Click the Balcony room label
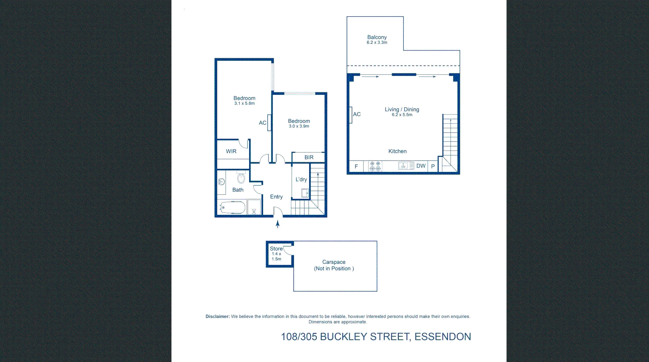pyautogui.click(x=377, y=37)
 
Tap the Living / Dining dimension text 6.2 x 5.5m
pyautogui.click(x=402, y=115)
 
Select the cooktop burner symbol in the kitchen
pyautogui.click(x=375, y=166)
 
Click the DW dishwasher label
pyautogui.click(x=421, y=166)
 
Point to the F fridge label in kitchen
pyautogui.click(x=356, y=166)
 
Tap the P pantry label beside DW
pyautogui.click(x=433, y=166)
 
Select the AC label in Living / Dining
pyautogui.click(x=357, y=114)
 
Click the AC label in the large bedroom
pyautogui.click(x=262, y=123)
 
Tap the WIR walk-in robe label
pyautogui.click(x=231, y=151)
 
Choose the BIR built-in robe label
pyautogui.click(x=309, y=157)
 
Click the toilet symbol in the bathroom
pyautogui.click(x=241, y=178)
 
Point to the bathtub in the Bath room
pyautogui.click(x=233, y=208)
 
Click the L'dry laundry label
pyautogui.click(x=301, y=180)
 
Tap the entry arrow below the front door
pyautogui.click(x=278, y=224)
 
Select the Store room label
pyautogui.click(x=276, y=249)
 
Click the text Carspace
pyautogui.click(x=334, y=262)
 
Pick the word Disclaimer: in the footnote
pyautogui.click(x=217, y=316)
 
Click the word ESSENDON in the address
pyautogui.click(x=442, y=337)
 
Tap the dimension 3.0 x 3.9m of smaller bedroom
pyautogui.click(x=299, y=126)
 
